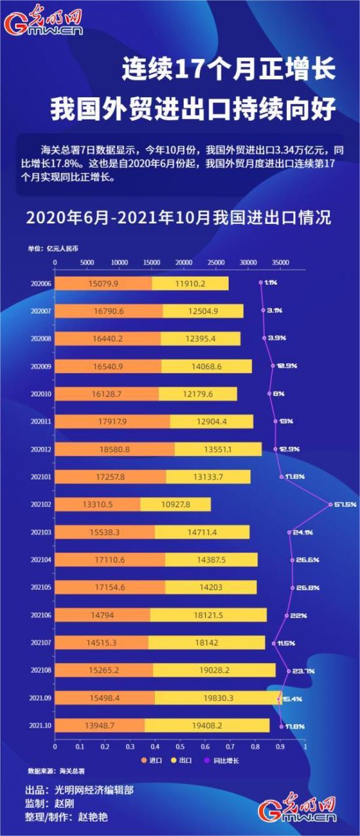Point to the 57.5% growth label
click(x=345, y=504)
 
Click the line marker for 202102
click(x=331, y=504)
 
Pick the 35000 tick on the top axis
click(x=280, y=262)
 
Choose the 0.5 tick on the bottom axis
click(x=180, y=745)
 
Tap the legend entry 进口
click(x=151, y=760)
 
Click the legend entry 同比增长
click(x=223, y=760)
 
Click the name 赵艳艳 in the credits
click(x=94, y=817)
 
